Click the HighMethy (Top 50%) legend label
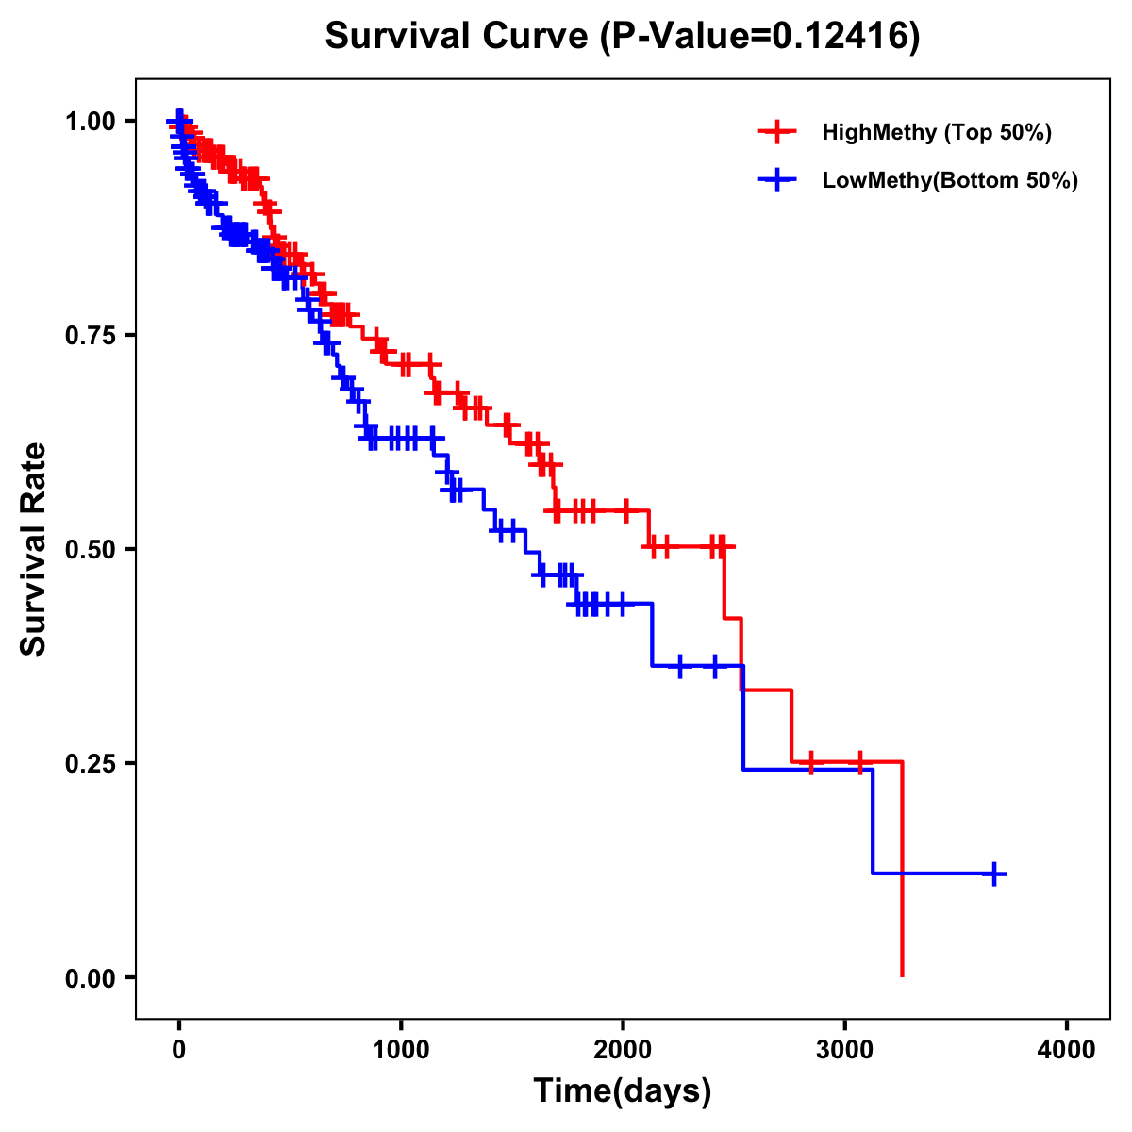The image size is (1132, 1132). click(x=936, y=132)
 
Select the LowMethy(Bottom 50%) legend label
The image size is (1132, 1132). click(x=950, y=180)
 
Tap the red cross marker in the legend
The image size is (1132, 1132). click(x=777, y=132)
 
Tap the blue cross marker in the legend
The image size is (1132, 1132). click(x=777, y=180)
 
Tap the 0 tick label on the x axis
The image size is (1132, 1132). click(x=179, y=1050)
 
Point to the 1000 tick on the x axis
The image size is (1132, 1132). click(x=401, y=1050)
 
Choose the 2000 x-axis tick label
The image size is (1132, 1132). click(x=623, y=1050)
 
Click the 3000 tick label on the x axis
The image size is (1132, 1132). click(x=845, y=1050)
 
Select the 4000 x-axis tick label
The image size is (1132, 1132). click(x=1067, y=1050)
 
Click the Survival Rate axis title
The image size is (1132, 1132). click(x=34, y=549)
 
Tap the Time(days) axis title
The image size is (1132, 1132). click(x=623, y=1091)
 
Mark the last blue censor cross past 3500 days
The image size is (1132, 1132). click(x=993, y=874)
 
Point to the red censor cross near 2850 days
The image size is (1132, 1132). click(x=810, y=762)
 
